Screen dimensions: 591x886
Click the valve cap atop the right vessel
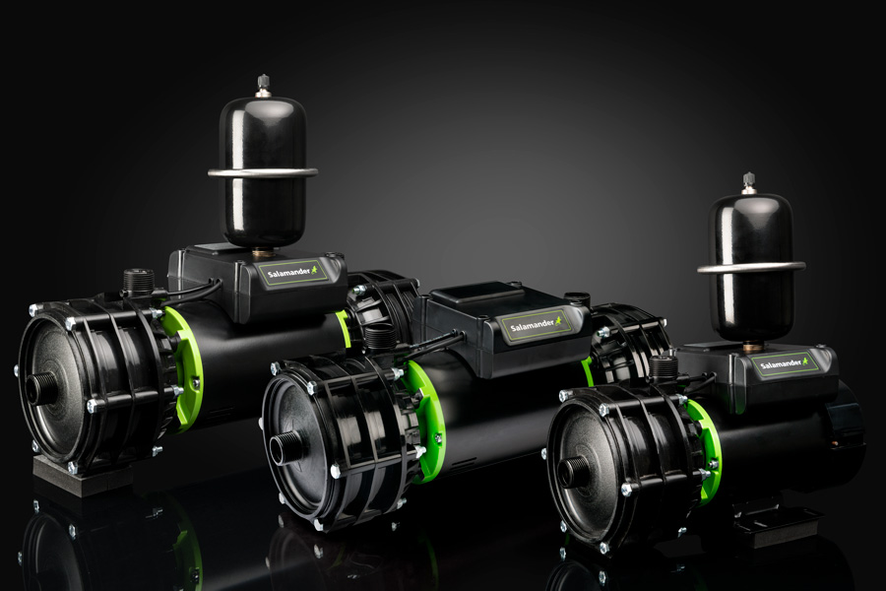749,182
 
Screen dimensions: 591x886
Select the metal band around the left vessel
262,172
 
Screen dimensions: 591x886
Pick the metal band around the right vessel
750,266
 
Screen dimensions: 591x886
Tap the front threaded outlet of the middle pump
285,447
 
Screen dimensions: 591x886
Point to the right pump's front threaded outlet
573,470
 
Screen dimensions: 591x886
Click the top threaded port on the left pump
139,281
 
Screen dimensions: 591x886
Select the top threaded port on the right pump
664,368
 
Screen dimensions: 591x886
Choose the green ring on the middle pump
425,419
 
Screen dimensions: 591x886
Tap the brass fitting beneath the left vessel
262,252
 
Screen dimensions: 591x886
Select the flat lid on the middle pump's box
476,294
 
